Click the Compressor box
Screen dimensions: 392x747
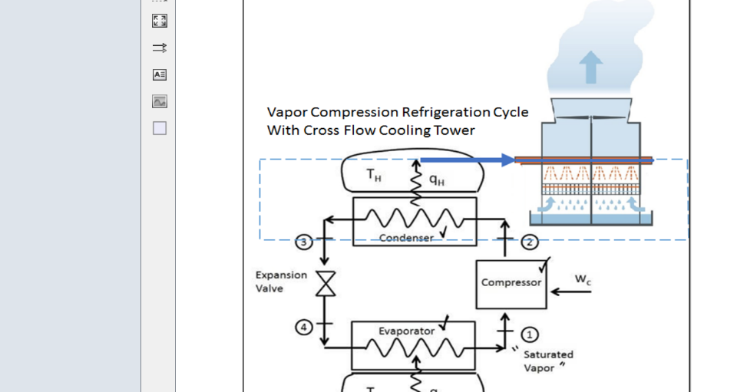pyautogui.click(x=511, y=283)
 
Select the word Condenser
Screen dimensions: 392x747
pyautogui.click(x=406, y=238)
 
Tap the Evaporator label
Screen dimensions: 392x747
pyautogui.click(x=406, y=331)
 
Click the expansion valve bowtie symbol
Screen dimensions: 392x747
pyautogui.click(x=326, y=284)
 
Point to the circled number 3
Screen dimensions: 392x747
pyautogui.click(x=304, y=242)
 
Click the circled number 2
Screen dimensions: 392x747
pyautogui.click(x=530, y=242)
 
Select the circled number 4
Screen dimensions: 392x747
pyautogui.click(x=304, y=327)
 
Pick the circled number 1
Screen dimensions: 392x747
pyautogui.click(x=530, y=334)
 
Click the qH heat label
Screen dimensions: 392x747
pyautogui.click(x=436, y=180)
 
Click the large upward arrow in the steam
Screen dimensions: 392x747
pyautogui.click(x=590, y=67)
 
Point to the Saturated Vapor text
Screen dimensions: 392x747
pyautogui.click(x=547, y=361)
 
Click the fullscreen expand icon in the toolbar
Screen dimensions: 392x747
pyautogui.click(x=160, y=21)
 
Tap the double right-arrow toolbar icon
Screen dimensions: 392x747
pyautogui.click(x=160, y=48)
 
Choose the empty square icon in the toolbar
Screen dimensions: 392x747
pyautogui.click(x=160, y=128)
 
